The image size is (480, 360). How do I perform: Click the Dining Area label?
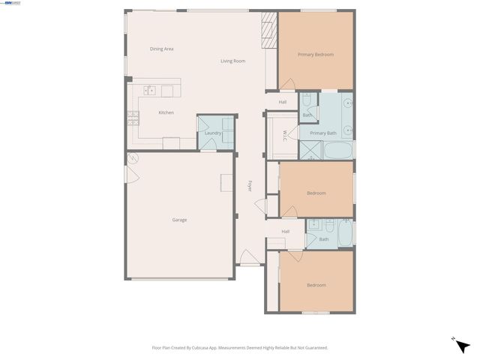pos(161,49)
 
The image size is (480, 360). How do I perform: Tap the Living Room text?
pos(232,61)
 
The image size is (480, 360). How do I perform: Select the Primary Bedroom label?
pos(315,55)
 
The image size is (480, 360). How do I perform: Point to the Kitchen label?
pos(166,112)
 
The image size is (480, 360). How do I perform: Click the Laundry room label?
pos(213,133)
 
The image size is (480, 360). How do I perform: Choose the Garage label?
pos(179,220)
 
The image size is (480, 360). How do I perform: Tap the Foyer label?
pos(250,186)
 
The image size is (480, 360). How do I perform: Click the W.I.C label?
pos(285,135)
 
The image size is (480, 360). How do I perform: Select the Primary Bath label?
pos(323,133)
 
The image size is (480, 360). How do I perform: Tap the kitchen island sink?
pos(149,91)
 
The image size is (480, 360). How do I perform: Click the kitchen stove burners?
pos(133,115)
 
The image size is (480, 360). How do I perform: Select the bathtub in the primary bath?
pos(337,149)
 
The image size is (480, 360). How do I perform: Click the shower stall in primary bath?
pos(309,150)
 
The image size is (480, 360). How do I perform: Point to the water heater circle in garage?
pos(133,158)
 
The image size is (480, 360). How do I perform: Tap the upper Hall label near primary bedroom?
pos(283,102)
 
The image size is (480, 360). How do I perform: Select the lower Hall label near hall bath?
pos(286,231)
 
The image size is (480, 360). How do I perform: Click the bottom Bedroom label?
pos(316,285)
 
